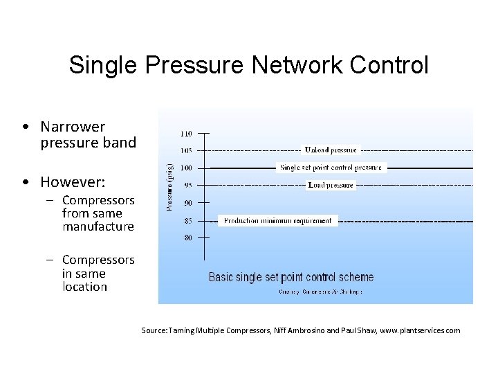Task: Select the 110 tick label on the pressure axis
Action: pyautogui.click(x=187, y=132)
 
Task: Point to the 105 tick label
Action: pyautogui.click(x=187, y=150)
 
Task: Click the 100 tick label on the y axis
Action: pyautogui.click(x=187, y=168)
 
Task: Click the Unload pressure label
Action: pyautogui.click(x=331, y=150)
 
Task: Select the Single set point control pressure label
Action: pyautogui.click(x=331, y=168)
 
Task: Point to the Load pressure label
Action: pyautogui.click(x=331, y=185)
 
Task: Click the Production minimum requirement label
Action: pyautogui.click(x=278, y=221)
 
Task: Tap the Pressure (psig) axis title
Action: pyautogui.click(x=170, y=186)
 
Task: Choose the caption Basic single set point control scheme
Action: pyautogui.click(x=291, y=277)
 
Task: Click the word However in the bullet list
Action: pyautogui.click(x=73, y=183)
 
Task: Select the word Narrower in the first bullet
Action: pyautogui.click(x=73, y=127)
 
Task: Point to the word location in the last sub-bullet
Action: pyautogui.click(x=84, y=286)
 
